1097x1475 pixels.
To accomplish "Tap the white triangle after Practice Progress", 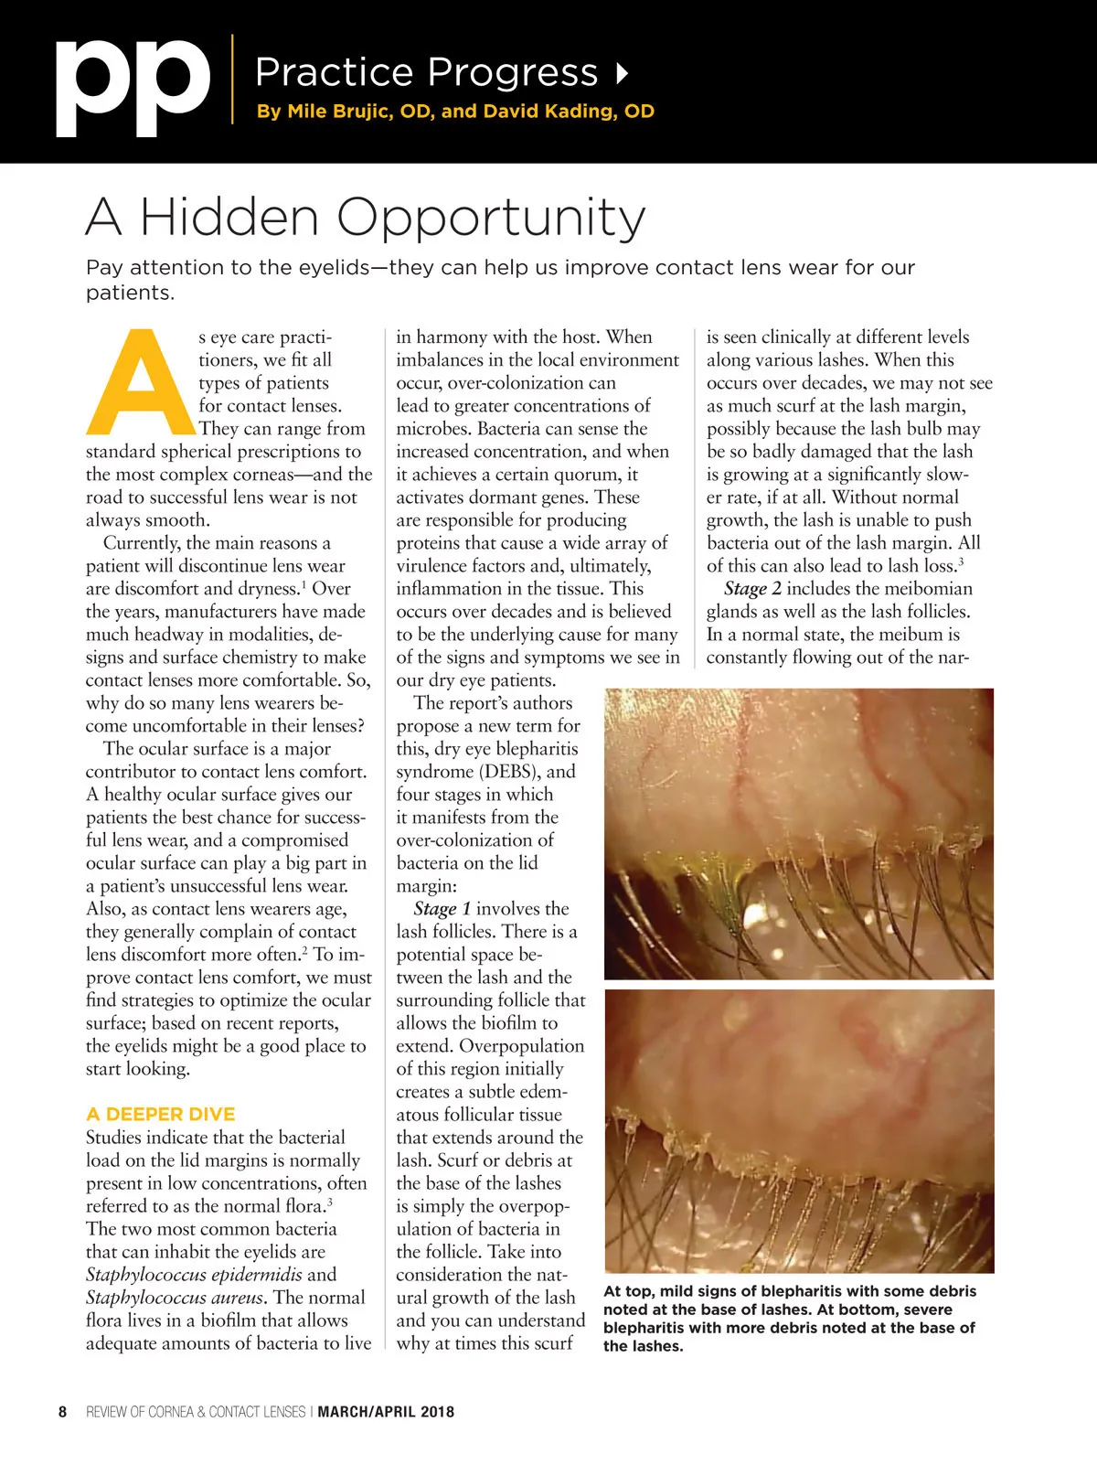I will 623,73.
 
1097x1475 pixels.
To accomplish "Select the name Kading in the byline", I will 584,112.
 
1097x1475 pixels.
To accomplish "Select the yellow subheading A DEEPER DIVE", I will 160,1114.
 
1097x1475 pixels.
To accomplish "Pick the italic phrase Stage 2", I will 752,589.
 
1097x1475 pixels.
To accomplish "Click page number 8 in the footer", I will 62,1412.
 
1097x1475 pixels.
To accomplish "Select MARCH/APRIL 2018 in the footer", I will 385,1412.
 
